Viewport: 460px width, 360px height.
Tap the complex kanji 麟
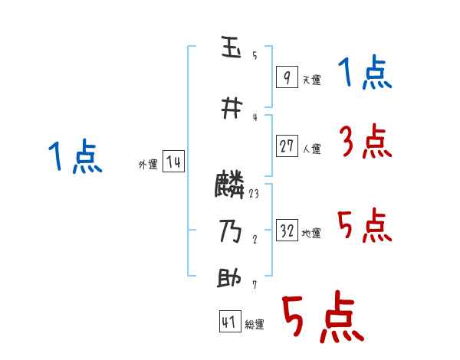tap(230, 185)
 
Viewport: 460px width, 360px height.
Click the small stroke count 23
tap(254, 194)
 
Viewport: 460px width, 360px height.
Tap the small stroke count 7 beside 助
tap(254, 285)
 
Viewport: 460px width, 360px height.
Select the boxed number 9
tap(286, 77)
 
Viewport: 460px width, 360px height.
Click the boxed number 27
tap(287, 146)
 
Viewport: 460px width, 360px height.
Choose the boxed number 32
tap(287, 231)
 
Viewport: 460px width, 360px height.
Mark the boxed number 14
tap(173, 162)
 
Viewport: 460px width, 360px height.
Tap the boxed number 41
tap(229, 322)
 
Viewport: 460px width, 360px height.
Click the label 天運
tap(311, 80)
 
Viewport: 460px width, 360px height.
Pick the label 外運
tap(147, 165)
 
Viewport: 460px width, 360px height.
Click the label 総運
tap(255, 325)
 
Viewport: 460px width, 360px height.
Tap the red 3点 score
tap(365, 142)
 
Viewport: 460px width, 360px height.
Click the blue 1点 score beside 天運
tap(364, 74)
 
